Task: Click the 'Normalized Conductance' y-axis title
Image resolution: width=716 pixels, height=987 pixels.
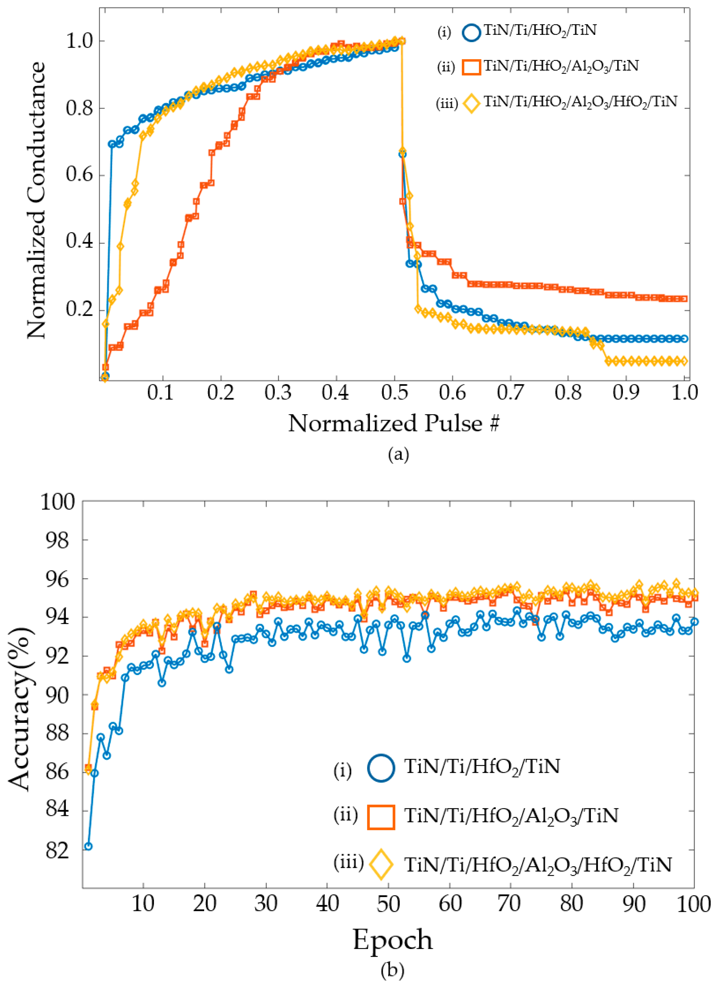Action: (x=36, y=200)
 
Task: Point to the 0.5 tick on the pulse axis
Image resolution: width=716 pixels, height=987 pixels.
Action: (x=394, y=393)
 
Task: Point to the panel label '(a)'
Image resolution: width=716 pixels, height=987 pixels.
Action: (x=398, y=454)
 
